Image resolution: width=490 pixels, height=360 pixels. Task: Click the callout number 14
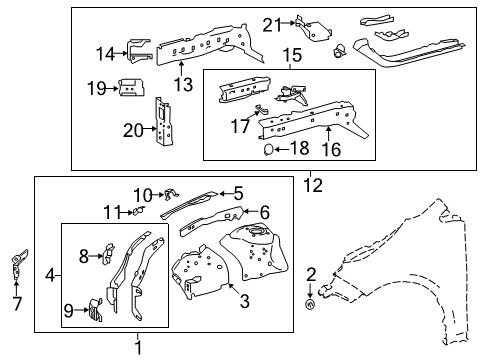pos(105,53)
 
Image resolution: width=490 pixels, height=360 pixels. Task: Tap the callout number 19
pos(95,88)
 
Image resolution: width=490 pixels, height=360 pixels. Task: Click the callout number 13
pos(183,84)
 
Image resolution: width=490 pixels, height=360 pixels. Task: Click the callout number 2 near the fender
pos(311,273)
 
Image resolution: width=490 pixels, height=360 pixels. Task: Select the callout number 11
pos(111,212)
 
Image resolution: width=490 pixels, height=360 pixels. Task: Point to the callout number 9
pos(69,310)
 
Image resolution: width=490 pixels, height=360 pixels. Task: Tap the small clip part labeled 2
pos(311,304)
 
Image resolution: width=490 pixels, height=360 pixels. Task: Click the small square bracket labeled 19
pos(128,88)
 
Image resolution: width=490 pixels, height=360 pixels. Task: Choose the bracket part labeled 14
pos(138,52)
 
